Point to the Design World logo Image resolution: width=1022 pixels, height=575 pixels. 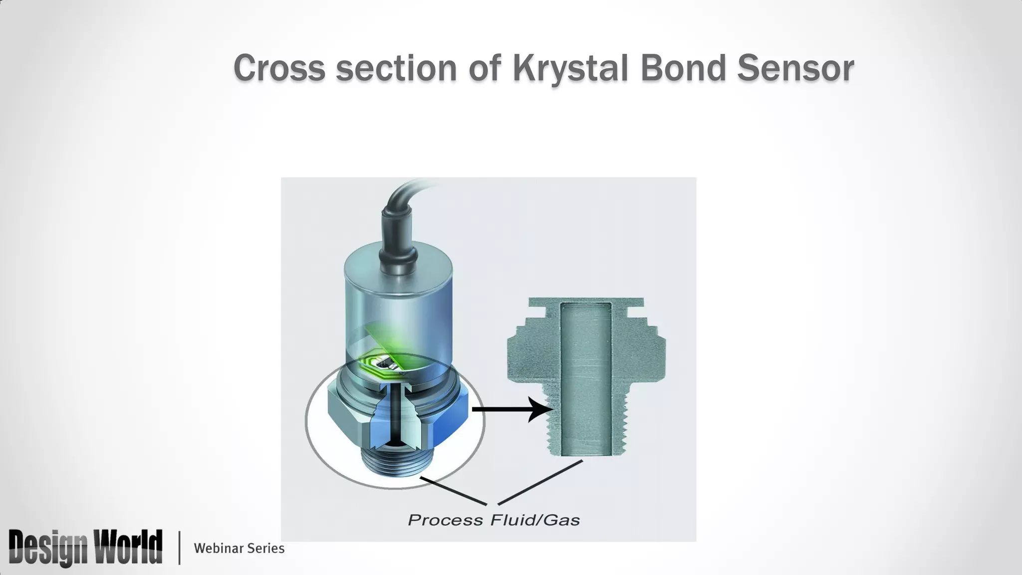point(85,548)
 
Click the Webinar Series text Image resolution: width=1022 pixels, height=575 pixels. point(239,548)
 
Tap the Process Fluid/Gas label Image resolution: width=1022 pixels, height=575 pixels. point(494,520)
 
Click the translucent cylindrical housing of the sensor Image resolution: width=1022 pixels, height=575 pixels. point(399,299)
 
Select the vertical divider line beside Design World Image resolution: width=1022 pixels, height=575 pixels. point(179,548)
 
